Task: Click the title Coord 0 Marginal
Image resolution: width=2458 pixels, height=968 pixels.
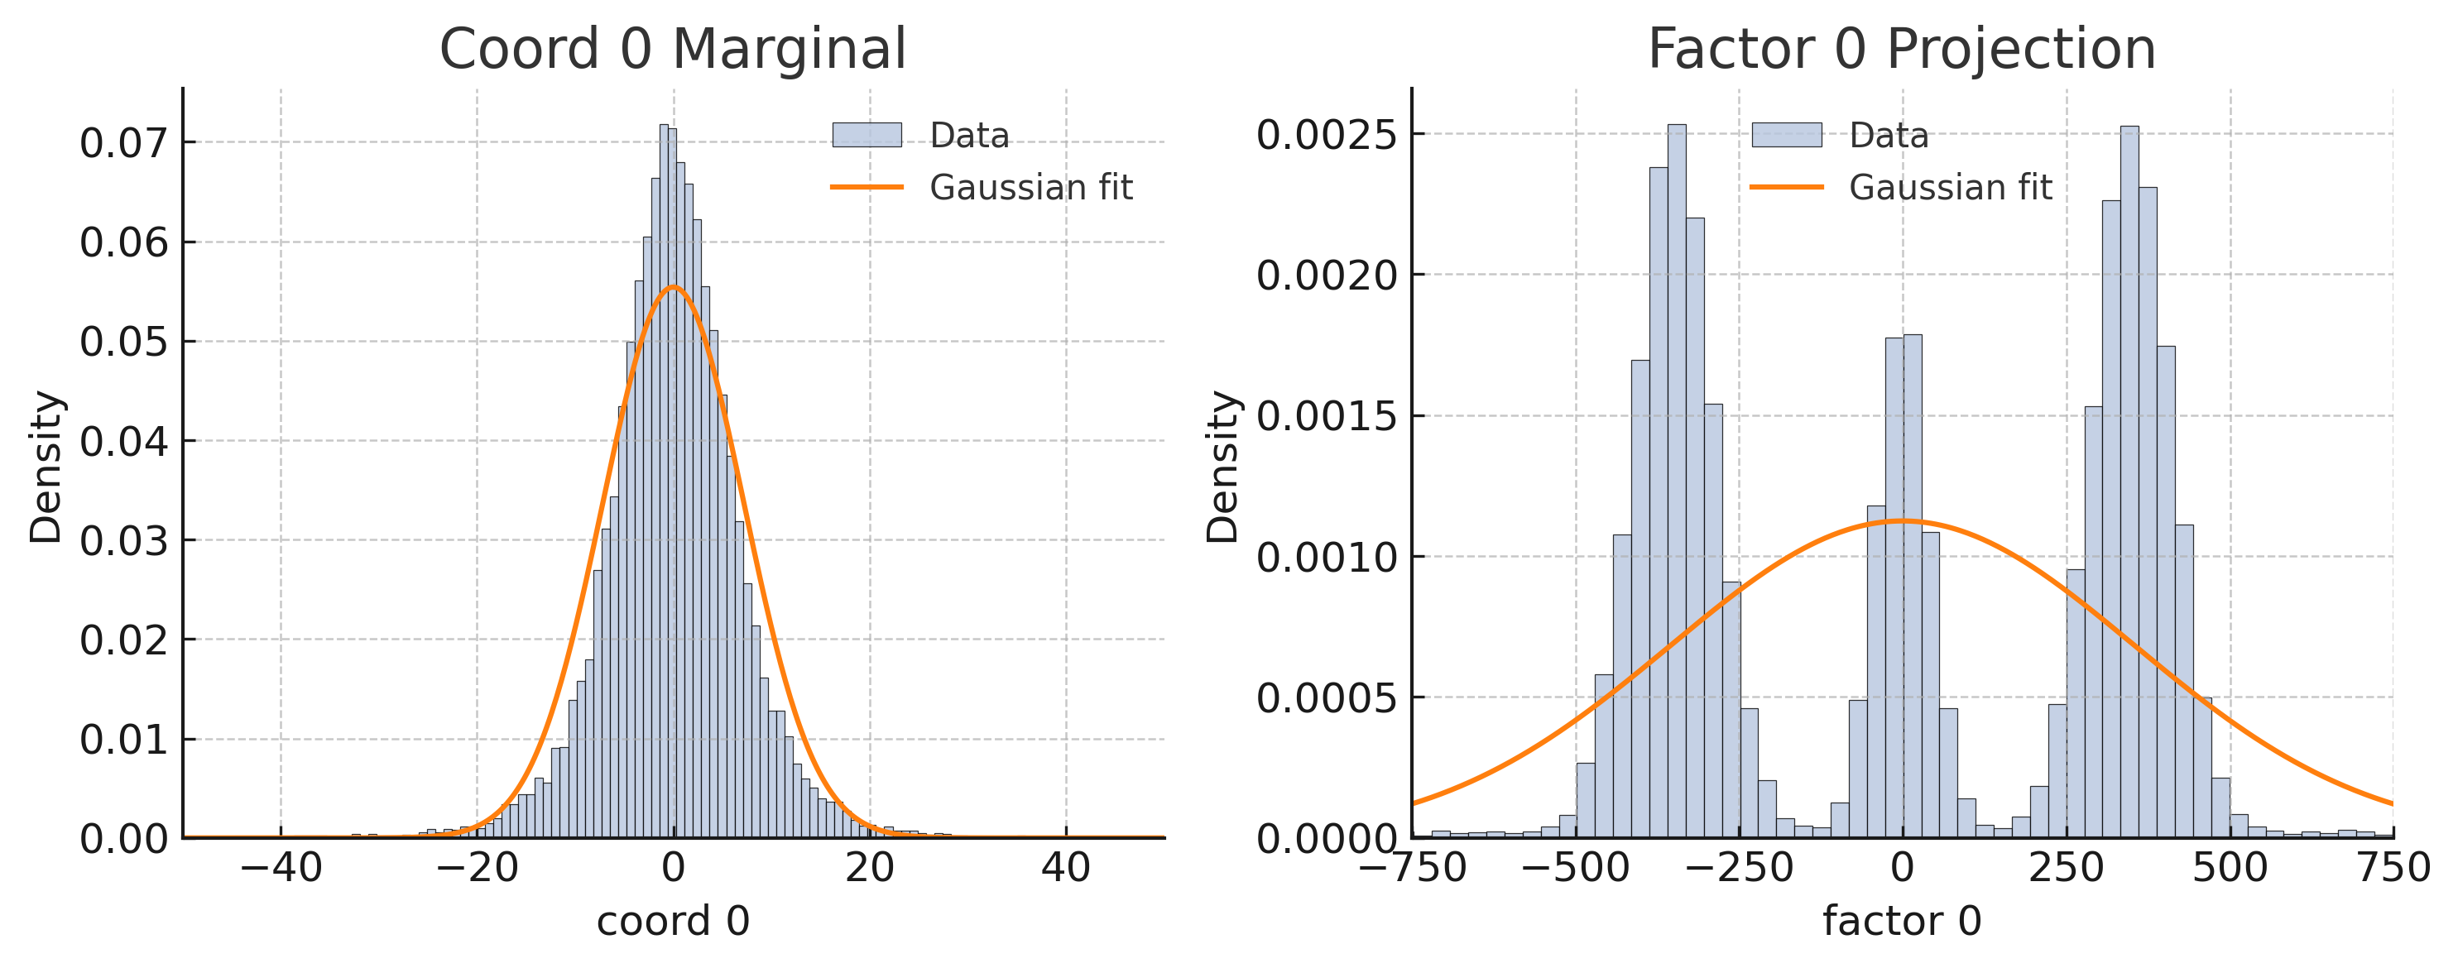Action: pyautogui.click(x=672, y=49)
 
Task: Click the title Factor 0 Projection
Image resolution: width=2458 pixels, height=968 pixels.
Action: pyautogui.click(x=1901, y=49)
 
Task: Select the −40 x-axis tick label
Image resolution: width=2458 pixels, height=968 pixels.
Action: pyautogui.click(x=281, y=868)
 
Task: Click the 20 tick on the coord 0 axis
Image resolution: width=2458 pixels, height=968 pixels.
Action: pyautogui.click(x=869, y=868)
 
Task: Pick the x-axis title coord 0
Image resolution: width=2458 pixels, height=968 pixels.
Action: pyautogui.click(x=673, y=922)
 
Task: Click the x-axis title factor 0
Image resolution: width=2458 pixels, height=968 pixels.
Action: pyautogui.click(x=1902, y=922)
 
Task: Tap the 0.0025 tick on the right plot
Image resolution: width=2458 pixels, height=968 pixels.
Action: pyautogui.click(x=1327, y=135)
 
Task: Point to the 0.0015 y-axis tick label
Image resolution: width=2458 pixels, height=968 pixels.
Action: pyautogui.click(x=1327, y=417)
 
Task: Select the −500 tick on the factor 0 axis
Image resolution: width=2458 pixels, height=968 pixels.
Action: pyautogui.click(x=1576, y=868)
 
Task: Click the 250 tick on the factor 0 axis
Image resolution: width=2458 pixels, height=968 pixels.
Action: pyautogui.click(x=2066, y=868)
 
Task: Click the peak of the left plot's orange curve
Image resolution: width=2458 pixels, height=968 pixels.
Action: pyautogui.click(x=673, y=286)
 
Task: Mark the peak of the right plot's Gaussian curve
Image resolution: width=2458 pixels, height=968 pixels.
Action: pyautogui.click(x=1902, y=520)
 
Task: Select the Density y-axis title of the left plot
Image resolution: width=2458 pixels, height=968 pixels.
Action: pyautogui.click(x=45, y=467)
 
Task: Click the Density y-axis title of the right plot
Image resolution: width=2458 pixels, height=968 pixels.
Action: pyautogui.click(x=1222, y=467)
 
